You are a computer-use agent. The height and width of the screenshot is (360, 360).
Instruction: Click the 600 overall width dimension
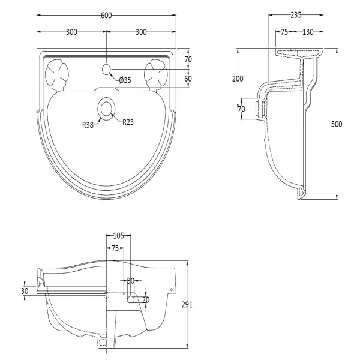point(106,16)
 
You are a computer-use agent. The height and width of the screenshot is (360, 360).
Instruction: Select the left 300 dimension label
point(71,32)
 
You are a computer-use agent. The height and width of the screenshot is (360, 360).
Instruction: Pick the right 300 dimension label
point(141,32)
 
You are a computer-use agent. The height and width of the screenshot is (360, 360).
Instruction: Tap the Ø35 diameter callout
point(125,80)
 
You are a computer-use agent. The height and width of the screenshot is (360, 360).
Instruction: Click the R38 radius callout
point(88,125)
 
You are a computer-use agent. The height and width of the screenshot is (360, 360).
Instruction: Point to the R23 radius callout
point(128,122)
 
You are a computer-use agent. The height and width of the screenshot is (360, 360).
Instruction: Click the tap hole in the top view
point(106,70)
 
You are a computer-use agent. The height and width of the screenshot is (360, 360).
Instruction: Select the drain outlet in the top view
point(106,109)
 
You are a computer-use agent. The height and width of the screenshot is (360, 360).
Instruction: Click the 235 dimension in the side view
point(296,15)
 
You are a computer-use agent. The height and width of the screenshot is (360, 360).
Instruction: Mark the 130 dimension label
point(308,32)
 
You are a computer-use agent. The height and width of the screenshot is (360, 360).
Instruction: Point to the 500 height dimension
point(337,124)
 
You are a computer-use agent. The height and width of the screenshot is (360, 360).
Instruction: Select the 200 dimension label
point(238,79)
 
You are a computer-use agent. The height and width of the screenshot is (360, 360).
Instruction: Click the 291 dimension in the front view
point(187,305)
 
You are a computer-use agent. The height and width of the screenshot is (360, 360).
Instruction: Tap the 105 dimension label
point(118,236)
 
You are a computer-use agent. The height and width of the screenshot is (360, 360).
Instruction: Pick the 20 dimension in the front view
point(146,299)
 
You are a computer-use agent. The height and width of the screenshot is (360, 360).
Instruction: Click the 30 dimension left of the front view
point(25,291)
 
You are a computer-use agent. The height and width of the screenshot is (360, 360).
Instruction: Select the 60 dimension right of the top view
point(188,79)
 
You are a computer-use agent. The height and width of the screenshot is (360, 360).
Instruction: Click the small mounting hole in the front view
point(171,290)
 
